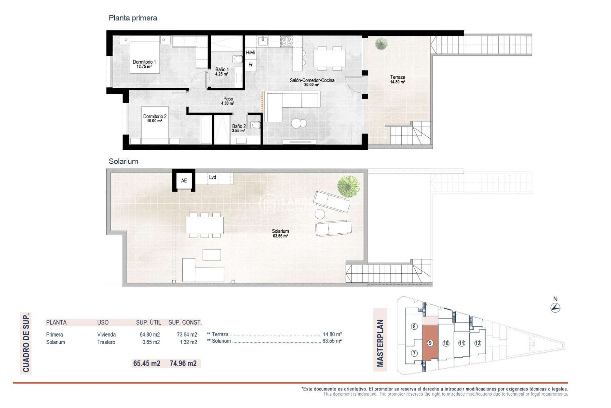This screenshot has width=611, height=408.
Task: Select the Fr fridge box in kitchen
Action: point(251,65)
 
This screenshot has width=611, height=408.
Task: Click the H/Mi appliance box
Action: point(250,53)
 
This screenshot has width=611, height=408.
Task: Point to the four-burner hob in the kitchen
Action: point(286,41)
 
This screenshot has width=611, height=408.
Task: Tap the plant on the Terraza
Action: point(381,44)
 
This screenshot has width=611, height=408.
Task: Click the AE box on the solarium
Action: point(184,181)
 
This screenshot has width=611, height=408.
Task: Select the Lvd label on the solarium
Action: point(213,178)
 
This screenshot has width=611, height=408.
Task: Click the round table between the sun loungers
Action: point(320,214)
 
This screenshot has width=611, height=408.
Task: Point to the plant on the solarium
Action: point(348,186)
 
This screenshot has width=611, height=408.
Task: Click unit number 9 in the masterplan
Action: point(430,343)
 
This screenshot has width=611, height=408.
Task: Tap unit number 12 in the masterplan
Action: point(478,343)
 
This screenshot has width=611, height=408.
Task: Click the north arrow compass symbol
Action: point(555,308)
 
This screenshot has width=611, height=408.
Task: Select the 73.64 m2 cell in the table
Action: point(187,335)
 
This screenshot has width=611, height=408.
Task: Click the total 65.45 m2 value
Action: point(147,363)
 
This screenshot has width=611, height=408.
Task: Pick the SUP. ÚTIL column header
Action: point(149,323)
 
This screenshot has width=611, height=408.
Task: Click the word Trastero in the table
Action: point(106,342)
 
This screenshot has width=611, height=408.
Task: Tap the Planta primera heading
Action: point(133,18)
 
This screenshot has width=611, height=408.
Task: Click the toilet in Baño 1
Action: point(237,59)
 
